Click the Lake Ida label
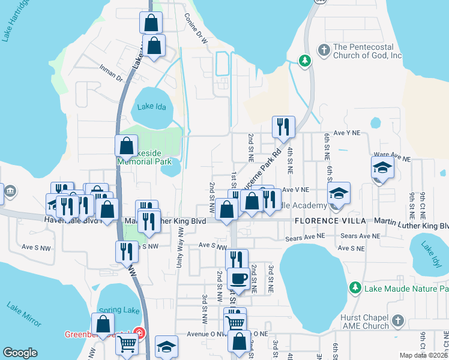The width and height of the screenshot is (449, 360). point(151,107)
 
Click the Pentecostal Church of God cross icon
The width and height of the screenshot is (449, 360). point(324,50)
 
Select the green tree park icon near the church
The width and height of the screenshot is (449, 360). point(305,60)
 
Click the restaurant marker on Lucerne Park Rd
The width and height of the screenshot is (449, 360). point(284,127)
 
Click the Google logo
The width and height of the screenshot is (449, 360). point(20,353)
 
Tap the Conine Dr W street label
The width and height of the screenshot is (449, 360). point(196,29)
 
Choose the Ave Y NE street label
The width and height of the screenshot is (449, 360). point(347,133)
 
